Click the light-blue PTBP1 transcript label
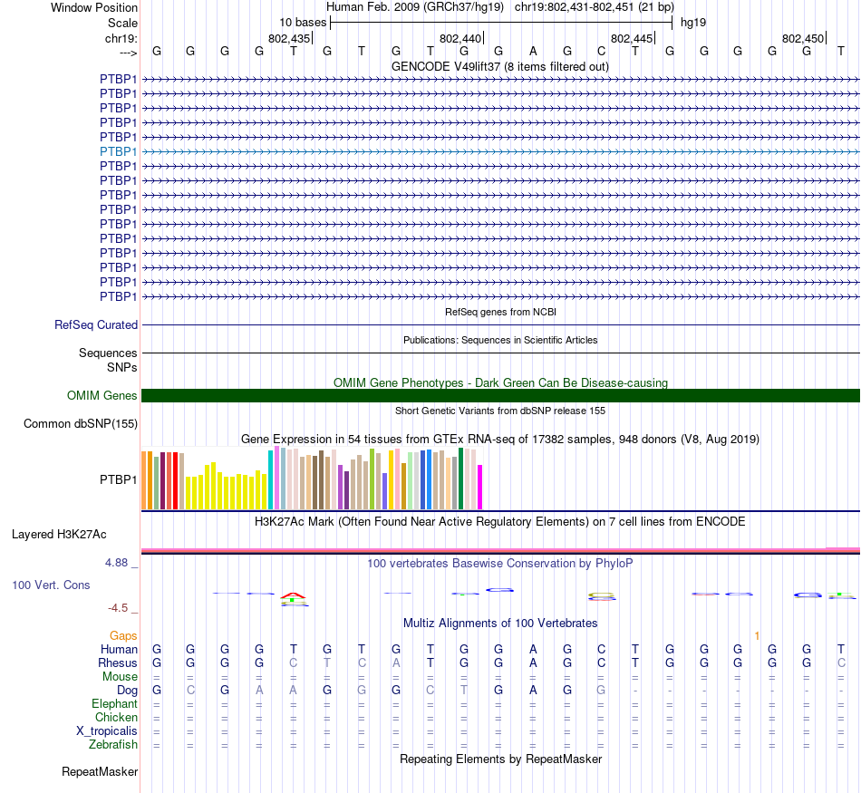119,151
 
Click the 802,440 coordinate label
460,39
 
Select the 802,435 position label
289,39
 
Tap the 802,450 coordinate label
803,39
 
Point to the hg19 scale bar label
693,22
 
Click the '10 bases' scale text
303,22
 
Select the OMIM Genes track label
102,396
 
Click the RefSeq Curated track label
96,324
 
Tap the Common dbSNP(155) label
81,423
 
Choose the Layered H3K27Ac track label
59,535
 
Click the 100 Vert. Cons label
51,585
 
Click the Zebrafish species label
113,745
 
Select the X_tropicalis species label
107,731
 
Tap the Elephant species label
114,704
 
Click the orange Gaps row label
123,636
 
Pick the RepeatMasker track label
100,772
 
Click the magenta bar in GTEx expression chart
480,487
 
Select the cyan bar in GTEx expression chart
271,479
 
